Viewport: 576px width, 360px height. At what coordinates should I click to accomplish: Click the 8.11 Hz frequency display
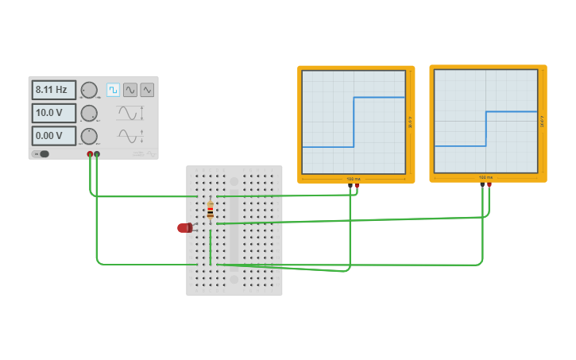53,90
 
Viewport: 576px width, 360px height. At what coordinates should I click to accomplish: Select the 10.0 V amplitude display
53,113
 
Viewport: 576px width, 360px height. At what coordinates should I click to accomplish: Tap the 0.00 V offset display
53,136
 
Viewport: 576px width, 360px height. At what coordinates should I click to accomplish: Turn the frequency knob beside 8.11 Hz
89,90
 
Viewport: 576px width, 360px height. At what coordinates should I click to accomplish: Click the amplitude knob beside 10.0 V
89,113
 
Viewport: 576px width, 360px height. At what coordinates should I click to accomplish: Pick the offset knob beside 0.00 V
89,136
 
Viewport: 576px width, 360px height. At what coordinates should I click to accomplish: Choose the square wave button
113,90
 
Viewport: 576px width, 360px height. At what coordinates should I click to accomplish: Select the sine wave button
130,90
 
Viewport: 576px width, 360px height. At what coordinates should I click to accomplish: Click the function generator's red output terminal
90,154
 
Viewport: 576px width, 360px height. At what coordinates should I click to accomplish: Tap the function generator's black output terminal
97,154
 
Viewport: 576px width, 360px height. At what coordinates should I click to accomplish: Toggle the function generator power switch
43,154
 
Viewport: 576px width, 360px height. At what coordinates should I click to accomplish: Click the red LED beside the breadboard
184,228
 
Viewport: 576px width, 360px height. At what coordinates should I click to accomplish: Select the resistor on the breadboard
210,211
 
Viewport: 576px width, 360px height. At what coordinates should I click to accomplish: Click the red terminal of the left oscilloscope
357,185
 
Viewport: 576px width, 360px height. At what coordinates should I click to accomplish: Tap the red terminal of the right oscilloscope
489,185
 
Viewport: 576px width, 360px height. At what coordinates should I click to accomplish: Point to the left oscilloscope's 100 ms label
353,179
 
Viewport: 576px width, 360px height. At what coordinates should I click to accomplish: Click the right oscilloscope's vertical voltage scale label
542,122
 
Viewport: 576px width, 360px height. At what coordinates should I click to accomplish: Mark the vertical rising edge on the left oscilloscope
354,122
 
